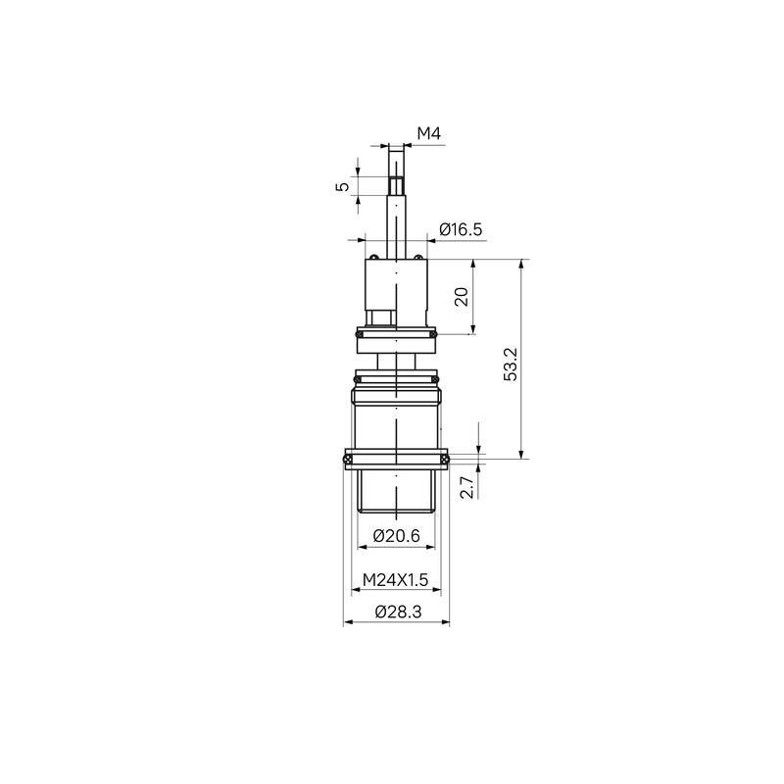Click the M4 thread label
click(x=429, y=133)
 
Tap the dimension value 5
click(x=342, y=186)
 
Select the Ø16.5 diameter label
click(x=461, y=229)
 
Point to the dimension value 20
click(x=462, y=297)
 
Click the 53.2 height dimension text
click(x=511, y=364)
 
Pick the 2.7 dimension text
click(x=466, y=487)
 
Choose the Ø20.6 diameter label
click(x=397, y=536)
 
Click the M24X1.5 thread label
click(x=396, y=580)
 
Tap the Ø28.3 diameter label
click(x=399, y=612)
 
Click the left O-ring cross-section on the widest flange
click(x=346, y=459)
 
